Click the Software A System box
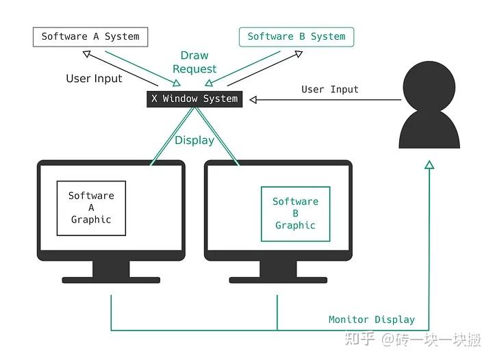click(90, 37)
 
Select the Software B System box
click(296, 37)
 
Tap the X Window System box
click(194, 99)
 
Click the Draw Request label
click(194, 62)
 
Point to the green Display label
click(194, 140)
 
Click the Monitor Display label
click(372, 320)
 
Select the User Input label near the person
click(330, 90)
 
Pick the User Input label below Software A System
click(94, 79)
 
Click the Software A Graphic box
click(91, 208)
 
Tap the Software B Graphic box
click(295, 214)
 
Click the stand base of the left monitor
click(112, 280)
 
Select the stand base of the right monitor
click(278, 280)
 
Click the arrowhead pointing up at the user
click(429, 165)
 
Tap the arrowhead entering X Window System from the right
click(253, 100)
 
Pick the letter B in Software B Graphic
click(295, 214)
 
